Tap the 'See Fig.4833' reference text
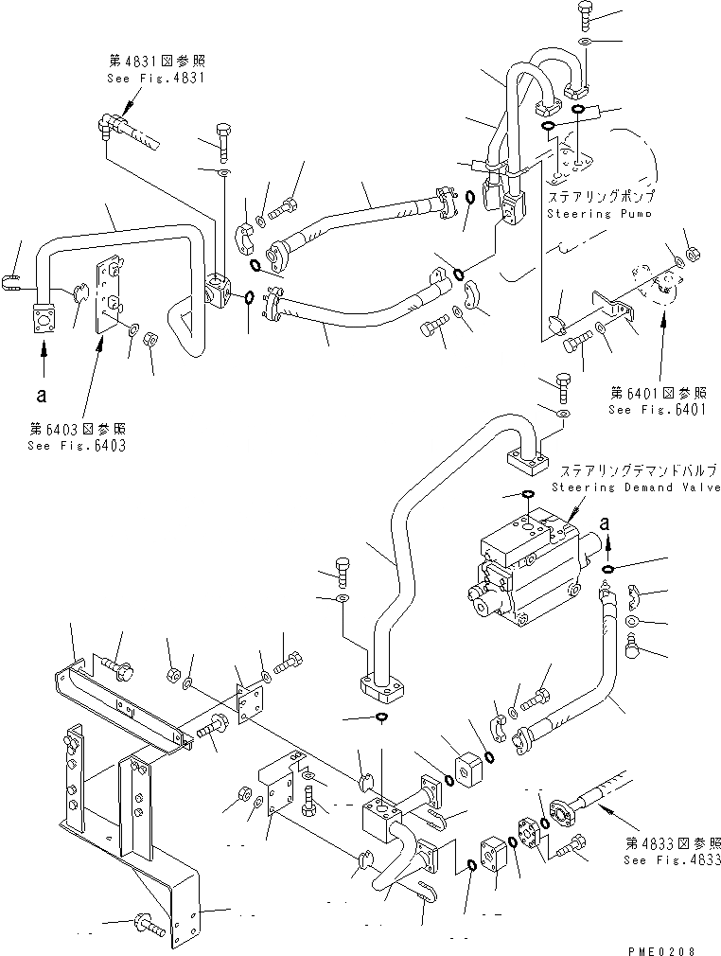[671, 860]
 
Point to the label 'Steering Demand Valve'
[635, 487]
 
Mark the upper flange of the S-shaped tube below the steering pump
[522, 457]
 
